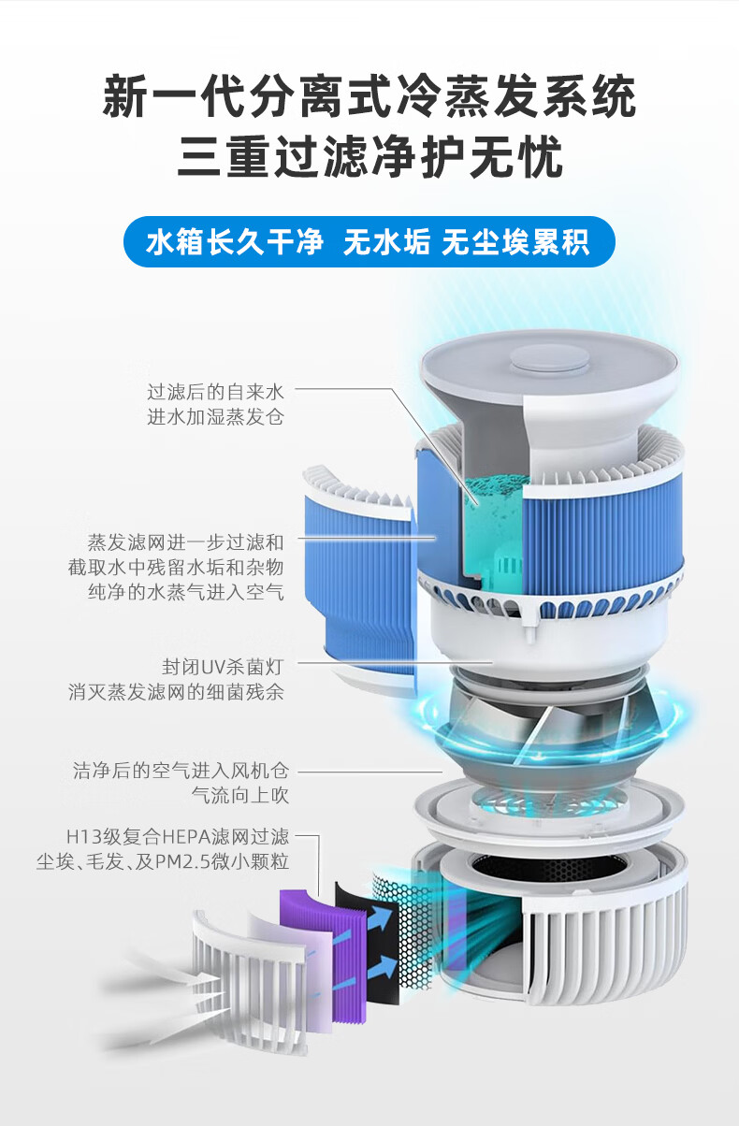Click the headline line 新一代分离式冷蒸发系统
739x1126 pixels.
click(369, 96)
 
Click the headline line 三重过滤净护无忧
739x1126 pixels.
click(369, 156)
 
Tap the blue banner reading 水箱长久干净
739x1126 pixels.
click(235, 242)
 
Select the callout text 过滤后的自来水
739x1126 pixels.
click(216, 392)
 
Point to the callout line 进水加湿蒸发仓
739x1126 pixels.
click(216, 417)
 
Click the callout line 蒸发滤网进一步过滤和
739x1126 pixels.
click(186, 542)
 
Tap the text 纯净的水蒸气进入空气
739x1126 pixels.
click(186, 592)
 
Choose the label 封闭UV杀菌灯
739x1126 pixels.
click(223, 668)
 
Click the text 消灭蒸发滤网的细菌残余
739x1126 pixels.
click(177, 693)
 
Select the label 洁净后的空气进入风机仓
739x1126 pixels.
click(181, 771)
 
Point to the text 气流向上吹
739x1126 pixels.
click(240, 796)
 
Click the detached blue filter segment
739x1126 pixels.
click(358, 578)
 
